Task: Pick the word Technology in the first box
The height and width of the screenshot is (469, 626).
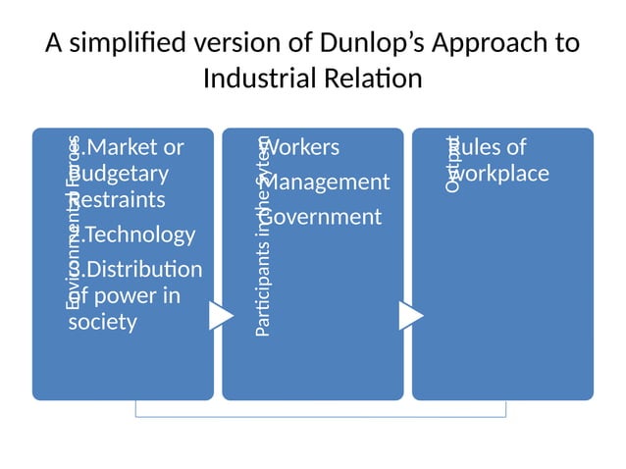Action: point(139,234)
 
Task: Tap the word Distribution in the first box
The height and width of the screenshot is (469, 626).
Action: point(143,269)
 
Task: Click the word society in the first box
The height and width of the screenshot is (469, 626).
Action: point(103,322)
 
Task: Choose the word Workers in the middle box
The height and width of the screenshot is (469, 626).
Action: point(303,148)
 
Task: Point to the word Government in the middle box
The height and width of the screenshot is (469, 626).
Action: point(323,217)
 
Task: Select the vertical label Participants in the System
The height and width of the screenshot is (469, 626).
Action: point(262,237)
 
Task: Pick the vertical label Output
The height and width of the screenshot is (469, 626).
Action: point(452,163)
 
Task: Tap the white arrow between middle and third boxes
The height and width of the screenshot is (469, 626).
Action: point(411,316)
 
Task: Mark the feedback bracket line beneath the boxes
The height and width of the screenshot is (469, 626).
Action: point(320,416)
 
